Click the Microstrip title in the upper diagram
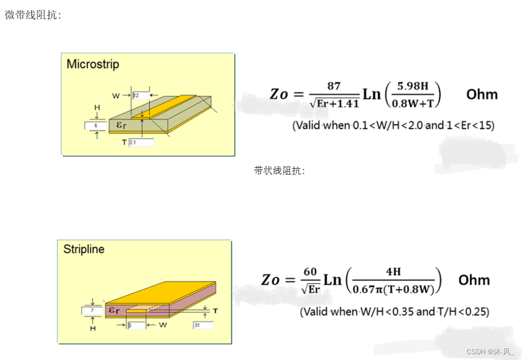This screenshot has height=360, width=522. click(92, 64)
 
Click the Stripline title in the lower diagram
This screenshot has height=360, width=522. click(83, 249)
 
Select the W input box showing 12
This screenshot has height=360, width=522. click(141, 96)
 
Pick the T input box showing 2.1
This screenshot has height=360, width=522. click(141, 142)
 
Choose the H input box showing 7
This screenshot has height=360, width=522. click(92, 311)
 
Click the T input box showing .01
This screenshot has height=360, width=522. click(203, 325)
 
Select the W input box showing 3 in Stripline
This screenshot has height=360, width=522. click(136, 325)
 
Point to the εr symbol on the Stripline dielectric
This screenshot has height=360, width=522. click(115, 310)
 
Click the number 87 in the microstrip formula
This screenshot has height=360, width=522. click(334, 86)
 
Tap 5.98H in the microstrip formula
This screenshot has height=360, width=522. click(413, 86)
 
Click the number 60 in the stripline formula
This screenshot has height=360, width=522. click(310, 272)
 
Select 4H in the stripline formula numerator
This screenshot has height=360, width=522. click(394, 272)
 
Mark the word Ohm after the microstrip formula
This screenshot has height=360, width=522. click(482, 95)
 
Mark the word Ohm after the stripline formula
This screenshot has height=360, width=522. click(474, 280)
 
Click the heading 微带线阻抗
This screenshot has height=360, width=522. click(33, 15)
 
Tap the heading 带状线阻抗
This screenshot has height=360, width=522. click(279, 171)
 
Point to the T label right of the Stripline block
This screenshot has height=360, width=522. click(216, 311)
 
